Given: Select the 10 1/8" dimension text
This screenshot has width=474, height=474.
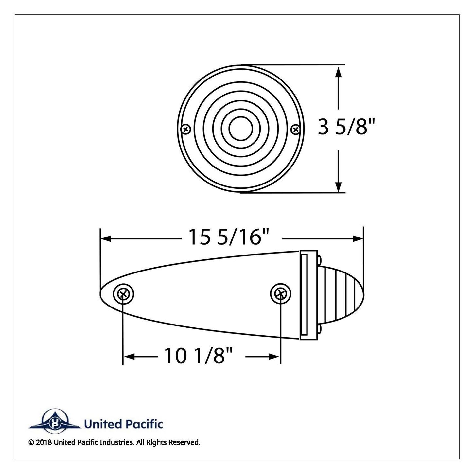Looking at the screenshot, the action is coord(198,356).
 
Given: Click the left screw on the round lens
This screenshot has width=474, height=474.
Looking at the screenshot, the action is coord(186,129).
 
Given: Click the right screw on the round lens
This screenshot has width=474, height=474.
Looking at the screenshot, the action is coord(295,129).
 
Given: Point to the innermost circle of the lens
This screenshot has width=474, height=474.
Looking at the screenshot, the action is coord(241,117).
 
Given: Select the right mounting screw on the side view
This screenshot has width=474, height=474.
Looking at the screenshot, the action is coord(280,294).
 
